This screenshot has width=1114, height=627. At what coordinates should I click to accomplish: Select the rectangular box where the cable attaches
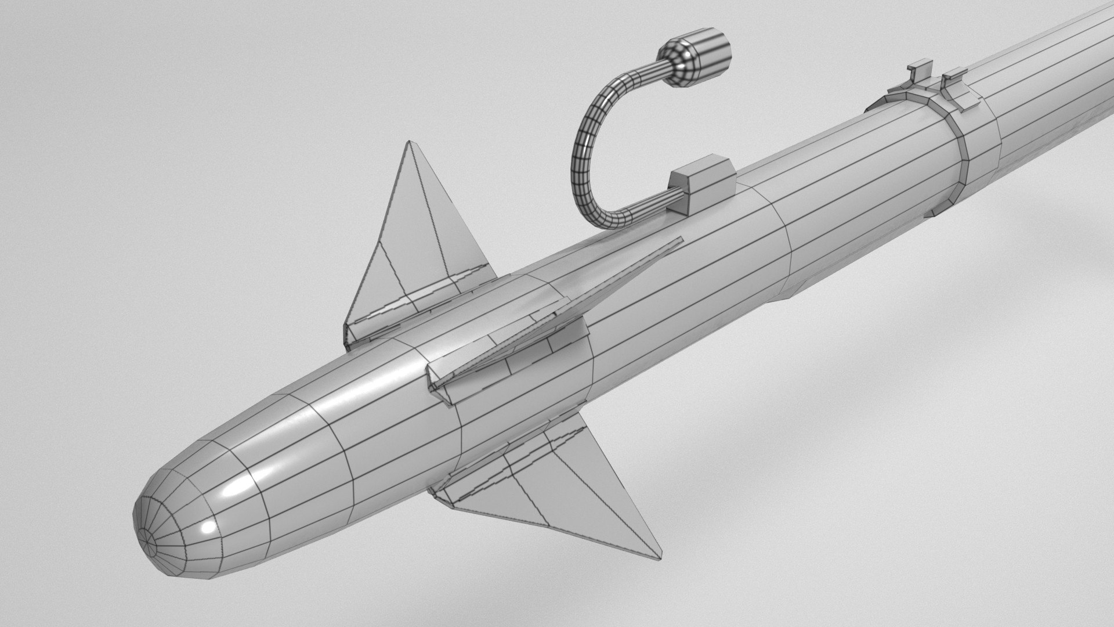(703, 182)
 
